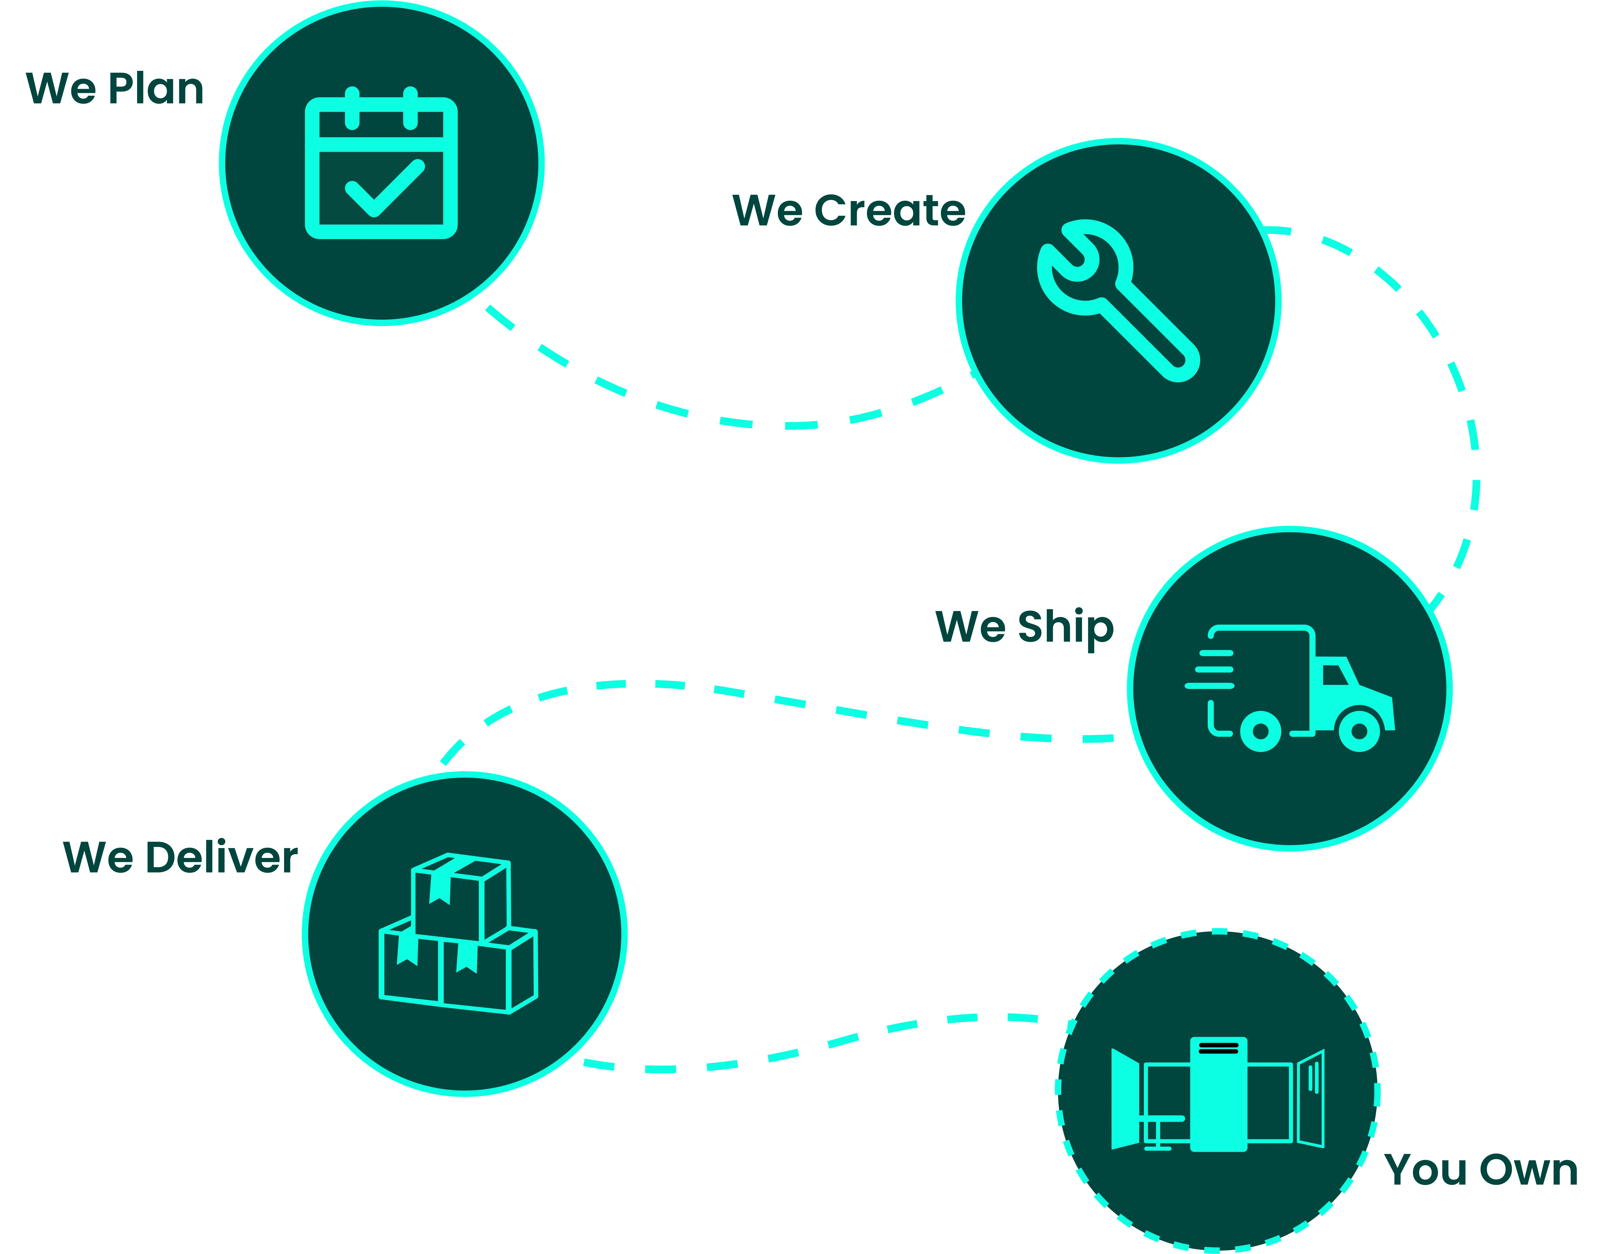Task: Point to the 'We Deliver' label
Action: tap(180, 858)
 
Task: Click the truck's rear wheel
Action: tap(1261, 731)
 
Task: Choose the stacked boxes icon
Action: tap(458, 934)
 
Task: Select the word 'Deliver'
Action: tap(222, 858)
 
